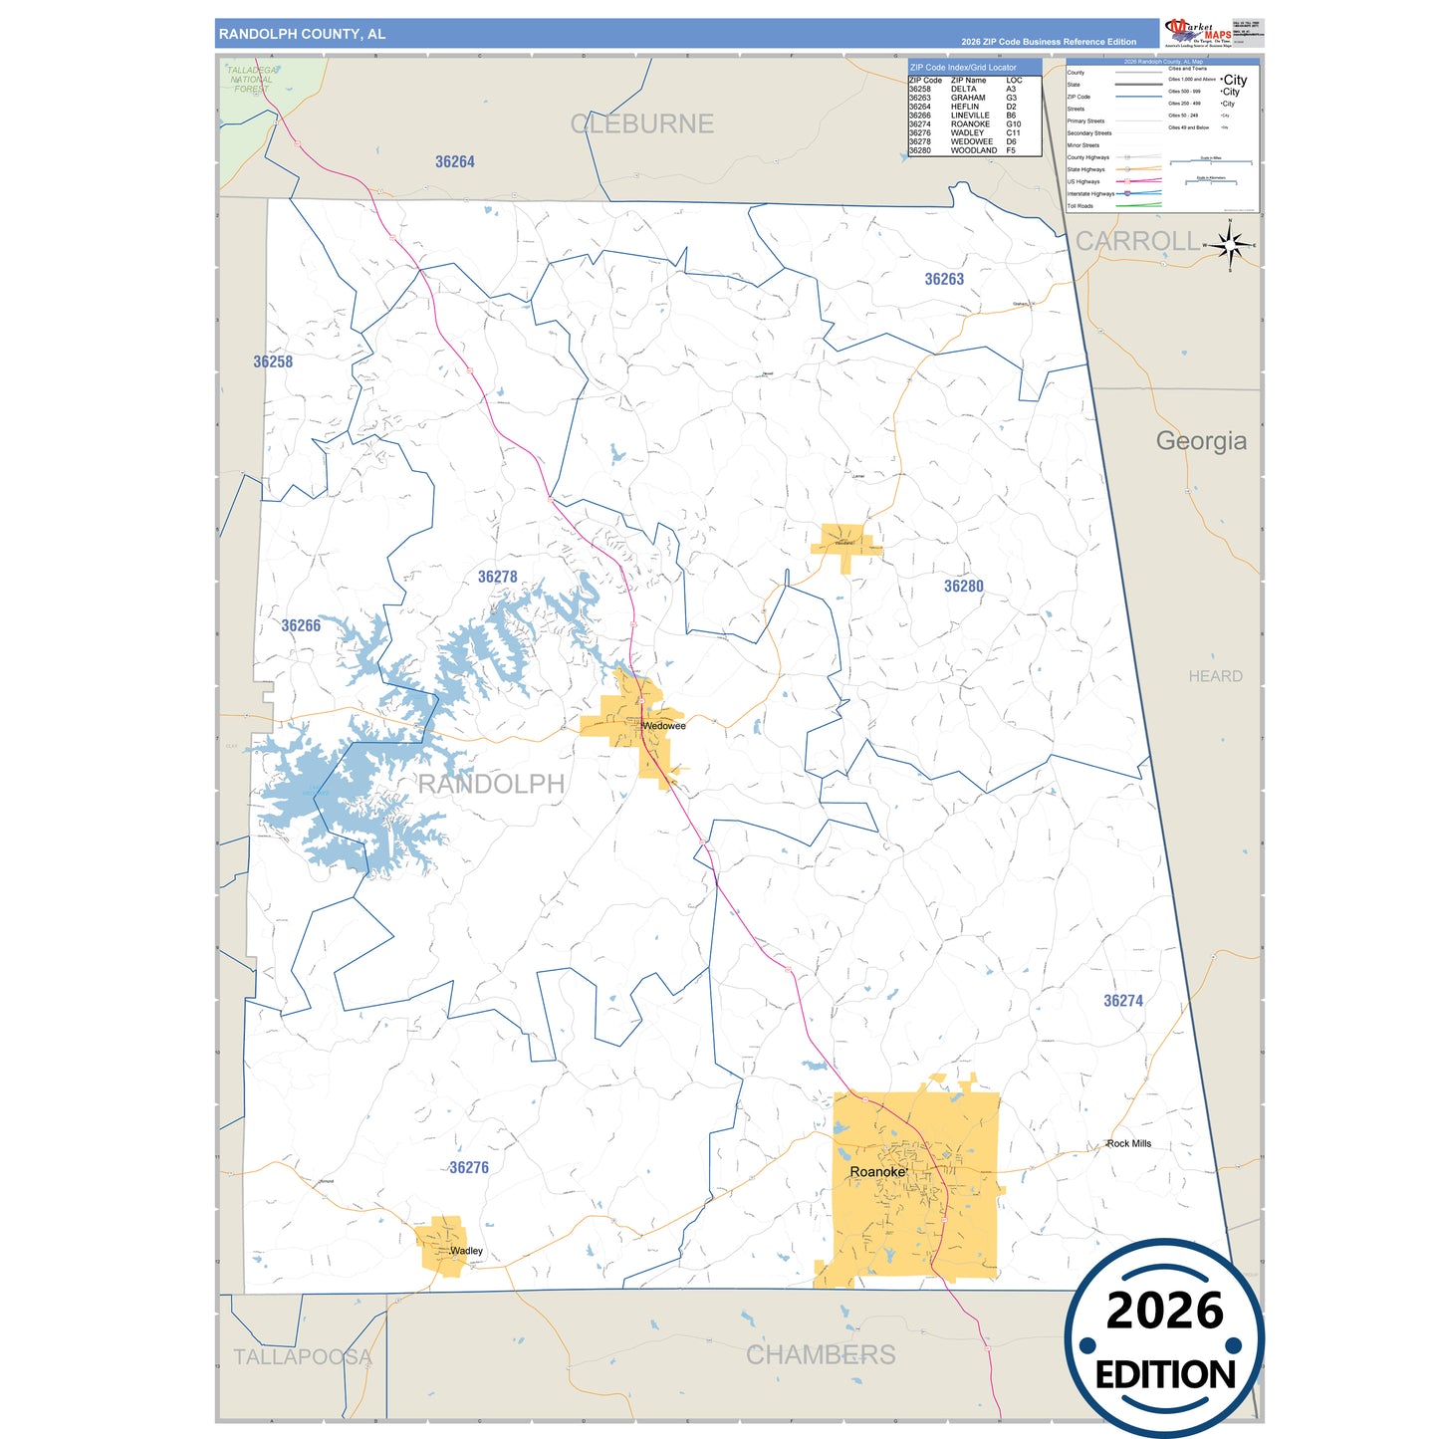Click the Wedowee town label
(x=663, y=726)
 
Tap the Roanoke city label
(x=877, y=1172)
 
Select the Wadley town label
(x=466, y=1251)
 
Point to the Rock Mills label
(x=1128, y=1143)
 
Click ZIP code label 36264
(x=455, y=162)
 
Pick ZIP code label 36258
(x=273, y=362)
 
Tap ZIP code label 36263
(x=944, y=280)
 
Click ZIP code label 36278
(x=498, y=578)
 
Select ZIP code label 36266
(x=301, y=626)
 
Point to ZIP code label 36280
(x=964, y=587)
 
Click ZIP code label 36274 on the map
(x=1123, y=1001)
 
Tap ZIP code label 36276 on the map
(x=469, y=1168)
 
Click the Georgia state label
(x=1201, y=441)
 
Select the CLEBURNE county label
(x=642, y=124)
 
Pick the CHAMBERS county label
(x=821, y=1355)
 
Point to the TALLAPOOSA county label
(x=303, y=1357)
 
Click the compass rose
(x=1231, y=244)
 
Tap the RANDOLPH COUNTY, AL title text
(x=302, y=34)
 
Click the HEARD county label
(x=1215, y=676)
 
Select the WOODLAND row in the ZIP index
(x=973, y=150)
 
